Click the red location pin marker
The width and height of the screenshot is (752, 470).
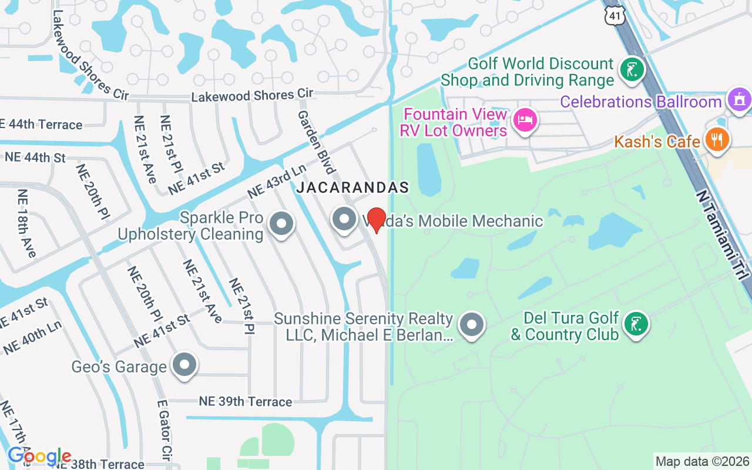(376, 221)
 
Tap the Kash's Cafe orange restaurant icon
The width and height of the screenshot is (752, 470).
(717, 140)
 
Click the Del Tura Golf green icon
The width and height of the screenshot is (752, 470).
(635, 324)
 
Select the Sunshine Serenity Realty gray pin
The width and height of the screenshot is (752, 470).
(471, 324)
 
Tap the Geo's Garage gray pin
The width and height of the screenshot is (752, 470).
(184, 365)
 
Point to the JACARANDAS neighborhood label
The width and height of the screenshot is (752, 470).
(352, 188)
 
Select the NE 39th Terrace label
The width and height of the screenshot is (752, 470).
(245, 402)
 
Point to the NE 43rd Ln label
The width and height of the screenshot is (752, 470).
(277, 182)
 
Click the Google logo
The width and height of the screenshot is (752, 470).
(39, 456)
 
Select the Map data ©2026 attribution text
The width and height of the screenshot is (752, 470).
(702, 461)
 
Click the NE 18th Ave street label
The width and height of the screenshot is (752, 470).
(26, 224)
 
